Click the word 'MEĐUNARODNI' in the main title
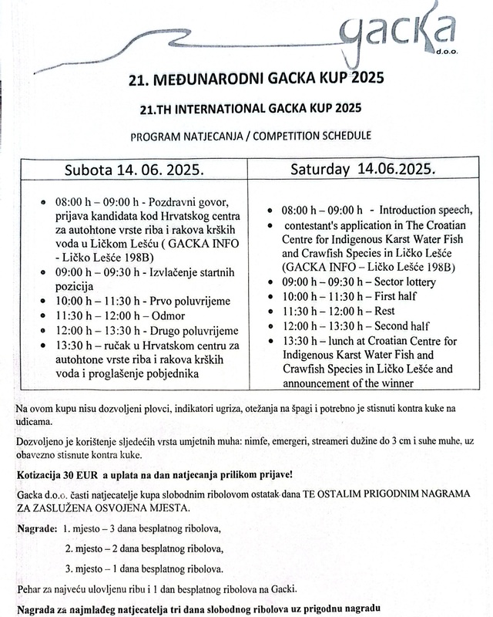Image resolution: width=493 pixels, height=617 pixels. [185, 79]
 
